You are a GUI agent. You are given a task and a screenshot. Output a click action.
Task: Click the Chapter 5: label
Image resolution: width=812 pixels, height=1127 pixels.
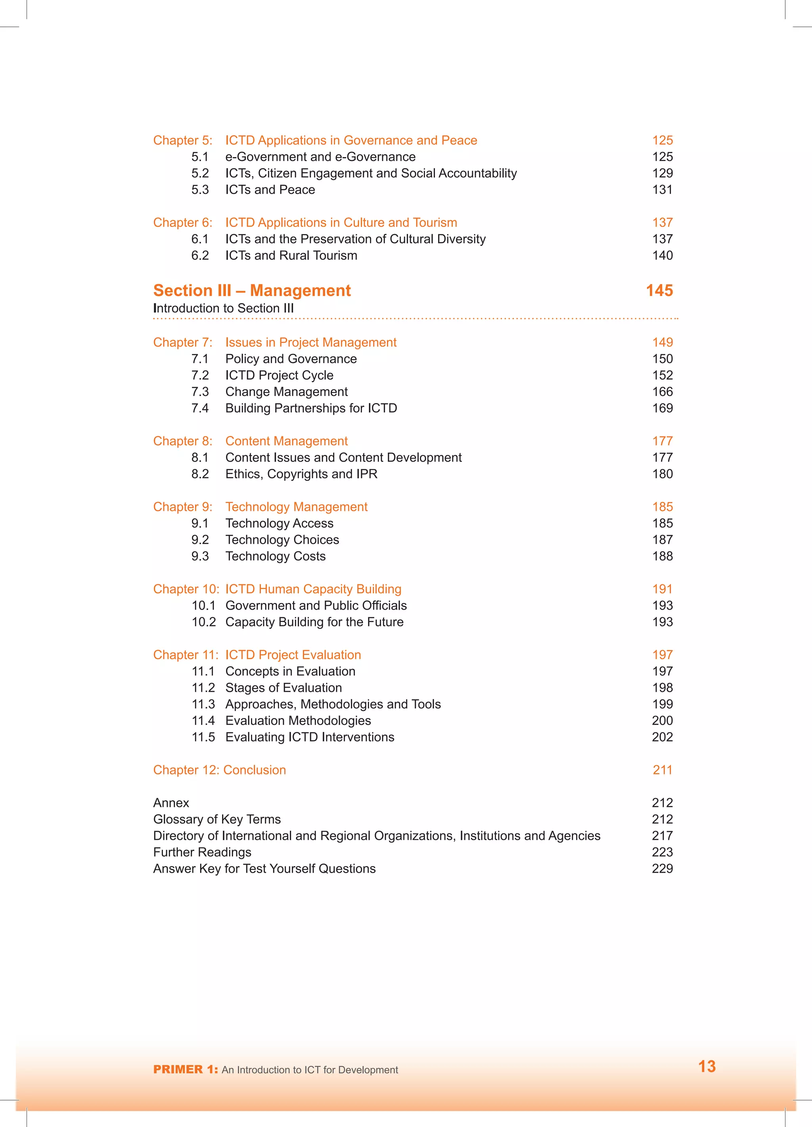(x=182, y=140)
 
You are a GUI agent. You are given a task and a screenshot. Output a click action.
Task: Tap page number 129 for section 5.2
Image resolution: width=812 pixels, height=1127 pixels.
(x=662, y=173)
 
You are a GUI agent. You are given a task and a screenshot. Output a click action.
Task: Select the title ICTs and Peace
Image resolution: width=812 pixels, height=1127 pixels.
(x=270, y=190)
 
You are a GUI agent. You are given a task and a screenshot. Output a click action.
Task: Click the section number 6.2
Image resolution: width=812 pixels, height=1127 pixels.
(x=200, y=255)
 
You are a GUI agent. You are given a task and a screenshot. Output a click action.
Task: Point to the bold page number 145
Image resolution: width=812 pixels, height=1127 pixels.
(x=659, y=290)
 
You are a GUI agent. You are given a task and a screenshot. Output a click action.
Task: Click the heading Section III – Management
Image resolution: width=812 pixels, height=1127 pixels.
(x=252, y=290)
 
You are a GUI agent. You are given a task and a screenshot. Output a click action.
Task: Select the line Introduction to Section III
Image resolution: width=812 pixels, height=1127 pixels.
(x=224, y=308)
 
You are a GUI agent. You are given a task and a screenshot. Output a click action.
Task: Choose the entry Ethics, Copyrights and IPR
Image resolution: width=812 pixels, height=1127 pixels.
(x=301, y=474)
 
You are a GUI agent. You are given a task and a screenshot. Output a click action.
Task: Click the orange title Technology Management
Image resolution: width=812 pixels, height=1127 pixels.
(x=296, y=507)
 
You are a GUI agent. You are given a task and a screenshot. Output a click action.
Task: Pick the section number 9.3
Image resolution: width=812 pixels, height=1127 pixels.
(x=200, y=556)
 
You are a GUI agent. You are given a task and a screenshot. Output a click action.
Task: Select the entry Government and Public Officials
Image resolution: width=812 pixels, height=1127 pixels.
(x=316, y=605)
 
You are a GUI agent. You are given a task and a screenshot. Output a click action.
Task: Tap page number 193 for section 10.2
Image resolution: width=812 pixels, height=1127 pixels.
(x=662, y=622)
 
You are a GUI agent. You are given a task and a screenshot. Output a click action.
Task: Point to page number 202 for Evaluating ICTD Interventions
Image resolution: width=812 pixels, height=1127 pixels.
(x=662, y=737)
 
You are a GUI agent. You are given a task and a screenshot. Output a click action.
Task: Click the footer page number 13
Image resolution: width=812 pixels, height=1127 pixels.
(x=706, y=1066)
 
